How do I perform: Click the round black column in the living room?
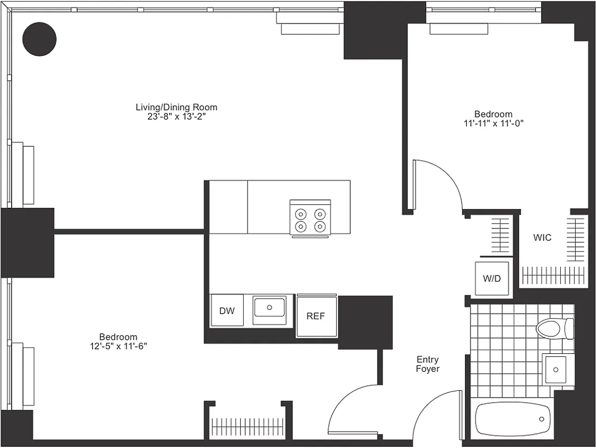39,39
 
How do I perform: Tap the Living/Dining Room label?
176,107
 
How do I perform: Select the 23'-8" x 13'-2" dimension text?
176,116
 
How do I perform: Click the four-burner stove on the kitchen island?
310,218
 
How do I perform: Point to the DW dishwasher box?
227,311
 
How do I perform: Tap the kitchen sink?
269,309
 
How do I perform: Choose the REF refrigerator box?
316,316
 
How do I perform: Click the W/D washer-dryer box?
492,278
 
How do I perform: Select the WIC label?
542,237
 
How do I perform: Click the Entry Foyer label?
427,364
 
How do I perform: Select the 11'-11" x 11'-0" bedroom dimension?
493,123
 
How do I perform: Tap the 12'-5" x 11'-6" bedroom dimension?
118,346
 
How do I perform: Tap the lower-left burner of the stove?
301,226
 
